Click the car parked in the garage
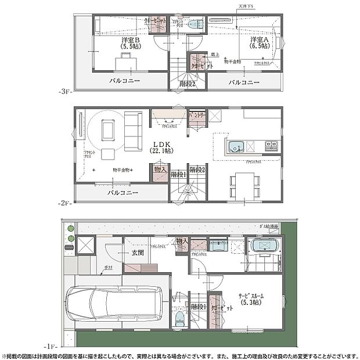coord(116,301)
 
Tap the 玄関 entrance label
coord(137,253)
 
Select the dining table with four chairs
coord(242,185)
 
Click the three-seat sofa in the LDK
coord(132,131)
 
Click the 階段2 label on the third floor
coord(186,84)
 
